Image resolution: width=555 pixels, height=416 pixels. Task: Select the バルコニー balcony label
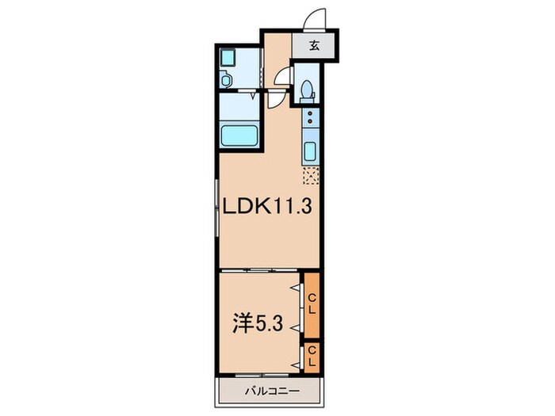270,391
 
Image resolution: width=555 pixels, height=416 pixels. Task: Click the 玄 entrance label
314,45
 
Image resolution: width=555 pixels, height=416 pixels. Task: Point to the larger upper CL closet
312,305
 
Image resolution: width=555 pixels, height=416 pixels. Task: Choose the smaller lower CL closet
312,356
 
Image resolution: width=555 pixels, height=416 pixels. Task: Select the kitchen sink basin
310,151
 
